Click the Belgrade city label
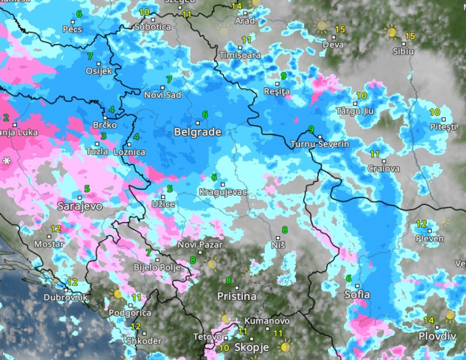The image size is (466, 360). (197, 132)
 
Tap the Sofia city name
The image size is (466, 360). (357, 294)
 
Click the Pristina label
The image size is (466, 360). (236, 296)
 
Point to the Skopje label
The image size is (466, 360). (252, 347)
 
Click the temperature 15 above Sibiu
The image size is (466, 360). (410, 36)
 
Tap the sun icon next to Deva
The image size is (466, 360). (321, 26)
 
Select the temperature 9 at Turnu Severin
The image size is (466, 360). (311, 129)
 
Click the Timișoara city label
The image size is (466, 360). (240, 55)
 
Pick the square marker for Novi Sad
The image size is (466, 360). (163, 87)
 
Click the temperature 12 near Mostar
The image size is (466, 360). (56, 228)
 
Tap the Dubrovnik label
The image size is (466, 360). (66, 297)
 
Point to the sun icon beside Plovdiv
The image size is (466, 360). (450, 316)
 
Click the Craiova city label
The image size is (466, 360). (384, 168)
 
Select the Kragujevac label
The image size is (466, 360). (223, 192)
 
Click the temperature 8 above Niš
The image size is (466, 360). (285, 229)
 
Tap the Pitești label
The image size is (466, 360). (443, 127)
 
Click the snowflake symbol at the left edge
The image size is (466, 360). (7, 161)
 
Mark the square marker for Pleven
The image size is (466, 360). (430, 230)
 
